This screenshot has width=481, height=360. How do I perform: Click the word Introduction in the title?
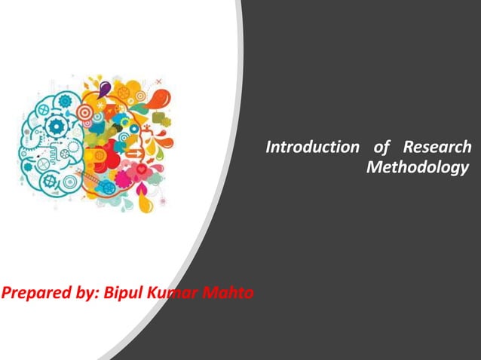pyautogui.click(x=301, y=146)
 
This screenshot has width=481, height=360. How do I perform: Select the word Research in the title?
pyautogui.click(x=438, y=146)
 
